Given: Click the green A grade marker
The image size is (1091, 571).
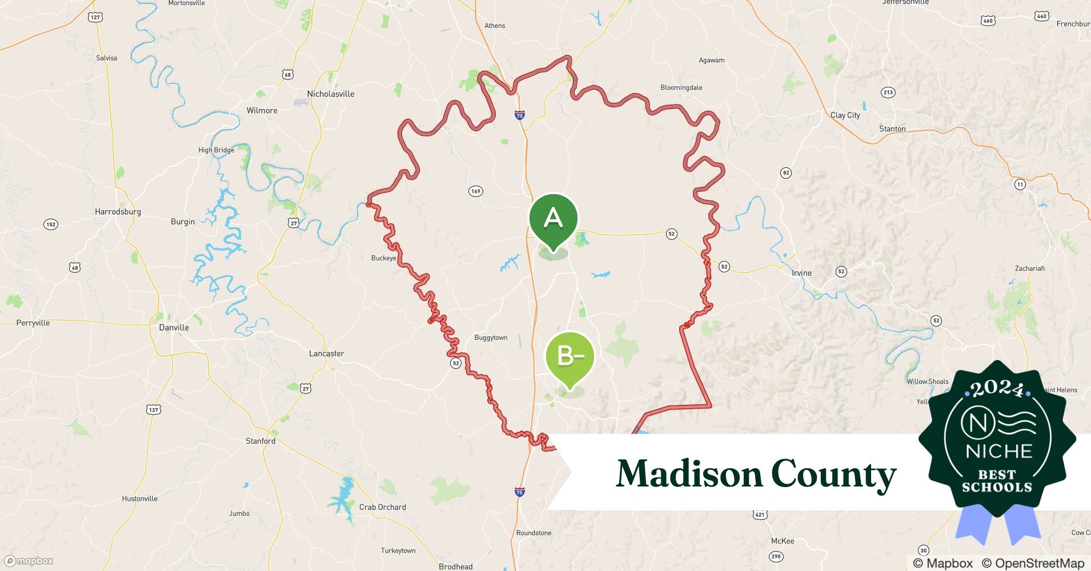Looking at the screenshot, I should [x=553, y=219].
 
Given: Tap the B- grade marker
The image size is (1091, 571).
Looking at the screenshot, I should [x=570, y=357].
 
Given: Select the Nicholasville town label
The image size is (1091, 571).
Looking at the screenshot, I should [x=331, y=94].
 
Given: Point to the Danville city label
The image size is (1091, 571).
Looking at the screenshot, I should [x=174, y=328].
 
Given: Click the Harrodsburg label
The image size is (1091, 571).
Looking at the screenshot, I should [x=118, y=212].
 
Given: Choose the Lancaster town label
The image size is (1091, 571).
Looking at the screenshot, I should [x=326, y=354].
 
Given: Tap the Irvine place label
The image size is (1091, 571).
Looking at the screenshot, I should [x=801, y=273].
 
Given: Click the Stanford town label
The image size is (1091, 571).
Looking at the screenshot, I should [x=260, y=441].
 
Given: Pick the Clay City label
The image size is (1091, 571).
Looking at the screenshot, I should [x=845, y=115].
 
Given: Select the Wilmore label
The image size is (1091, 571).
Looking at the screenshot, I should [x=262, y=111].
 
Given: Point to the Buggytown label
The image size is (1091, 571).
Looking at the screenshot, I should [x=491, y=338].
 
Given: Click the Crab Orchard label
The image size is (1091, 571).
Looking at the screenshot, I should [x=382, y=508].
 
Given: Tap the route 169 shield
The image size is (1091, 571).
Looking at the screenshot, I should [x=475, y=191].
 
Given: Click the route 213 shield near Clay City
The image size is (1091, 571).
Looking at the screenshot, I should [x=888, y=93].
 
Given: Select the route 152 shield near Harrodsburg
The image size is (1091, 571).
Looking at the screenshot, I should [x=51, y=224].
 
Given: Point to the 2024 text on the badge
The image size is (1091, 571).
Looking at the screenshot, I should [x=997, y=389].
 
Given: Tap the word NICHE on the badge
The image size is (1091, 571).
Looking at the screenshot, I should [x=998, y=451].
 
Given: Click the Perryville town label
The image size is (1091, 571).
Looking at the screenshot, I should [x=33, y=323].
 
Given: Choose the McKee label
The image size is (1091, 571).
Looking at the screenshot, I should [x=783, y=541].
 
